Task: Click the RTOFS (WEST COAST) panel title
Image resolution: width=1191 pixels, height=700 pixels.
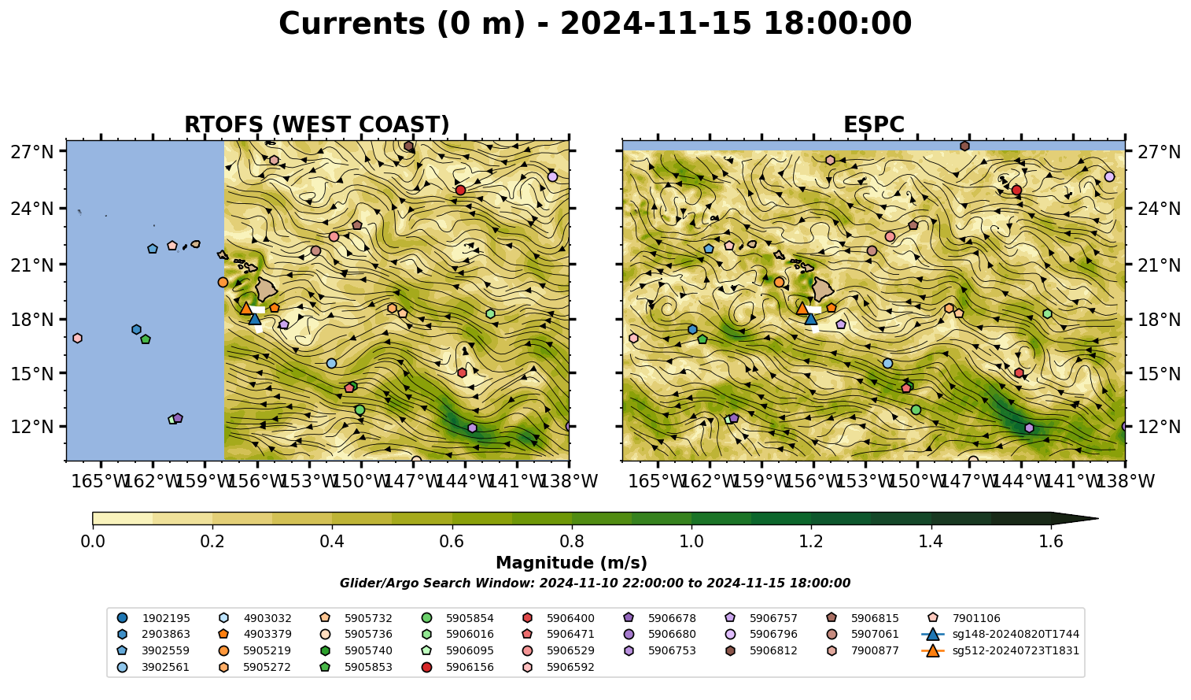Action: coord(317,124)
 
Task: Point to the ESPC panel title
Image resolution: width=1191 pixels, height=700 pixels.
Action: coord(873,124)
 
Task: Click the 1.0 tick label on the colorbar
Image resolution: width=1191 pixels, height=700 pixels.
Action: coord(691,542)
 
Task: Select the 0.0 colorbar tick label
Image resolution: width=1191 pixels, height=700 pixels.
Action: coord(93,542)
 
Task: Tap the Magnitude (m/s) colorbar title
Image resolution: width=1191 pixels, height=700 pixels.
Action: coord(571,563)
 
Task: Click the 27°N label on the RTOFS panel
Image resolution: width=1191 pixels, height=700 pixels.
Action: coord(32,152)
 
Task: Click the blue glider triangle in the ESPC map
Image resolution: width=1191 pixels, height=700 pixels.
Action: coord(810,319)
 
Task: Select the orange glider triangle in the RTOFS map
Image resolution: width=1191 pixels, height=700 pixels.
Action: coord(245,308)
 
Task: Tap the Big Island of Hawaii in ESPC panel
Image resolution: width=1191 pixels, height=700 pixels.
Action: coord(823,289)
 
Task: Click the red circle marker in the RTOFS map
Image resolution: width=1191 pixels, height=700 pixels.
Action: coord(460,190)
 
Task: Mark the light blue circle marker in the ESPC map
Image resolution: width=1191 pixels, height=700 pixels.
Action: coord(887,364)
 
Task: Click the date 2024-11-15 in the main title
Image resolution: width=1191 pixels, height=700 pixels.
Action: coord(656,24)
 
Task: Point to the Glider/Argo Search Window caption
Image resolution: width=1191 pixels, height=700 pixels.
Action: coord(595,583)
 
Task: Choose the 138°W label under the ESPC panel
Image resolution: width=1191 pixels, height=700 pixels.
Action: coord(1126,481)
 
